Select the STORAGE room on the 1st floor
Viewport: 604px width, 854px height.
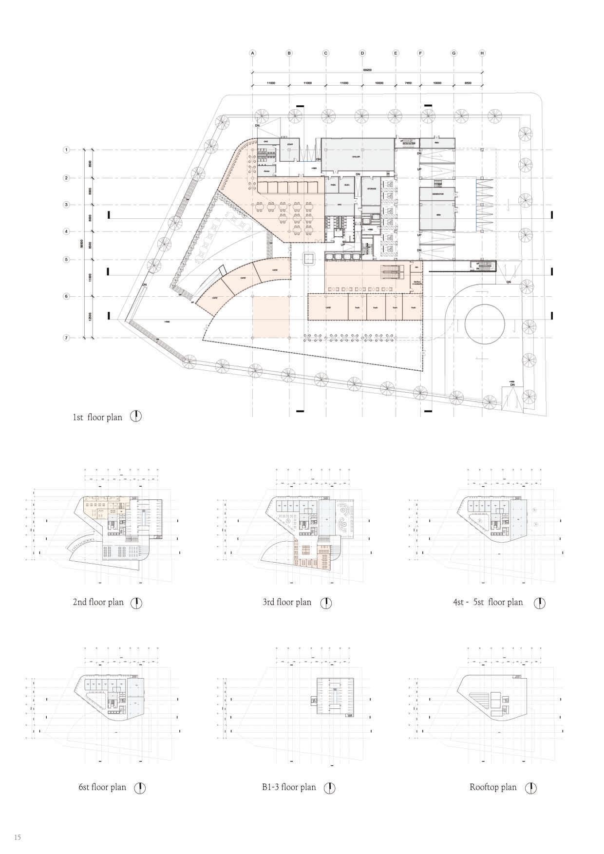tap(372, 189)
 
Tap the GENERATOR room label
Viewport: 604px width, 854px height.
tap(437, 194)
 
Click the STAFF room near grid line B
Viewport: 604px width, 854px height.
tap(289, 144)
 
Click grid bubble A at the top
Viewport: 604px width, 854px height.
tap(252, 53)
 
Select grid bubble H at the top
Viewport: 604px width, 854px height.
tap(482, 53)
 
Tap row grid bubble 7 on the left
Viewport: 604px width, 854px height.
tap(66, 338)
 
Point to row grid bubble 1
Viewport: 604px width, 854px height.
tap(66, 150)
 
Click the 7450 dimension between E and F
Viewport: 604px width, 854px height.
tap(408, 83)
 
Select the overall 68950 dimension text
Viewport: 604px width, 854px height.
tap(367, 70)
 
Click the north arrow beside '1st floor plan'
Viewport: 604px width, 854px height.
tap(136, 417)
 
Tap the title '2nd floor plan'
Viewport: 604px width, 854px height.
tap(98, 602)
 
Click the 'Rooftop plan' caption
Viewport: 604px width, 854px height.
tap(493, 787)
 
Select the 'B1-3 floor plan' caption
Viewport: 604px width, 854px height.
tap(289, 787)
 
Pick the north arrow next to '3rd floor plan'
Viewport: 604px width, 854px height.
tap(326, 603)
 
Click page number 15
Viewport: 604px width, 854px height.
tap(18, 838)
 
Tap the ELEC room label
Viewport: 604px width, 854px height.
tap(347, 185)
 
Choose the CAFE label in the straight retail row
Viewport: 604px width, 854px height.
tap(328, 307)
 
